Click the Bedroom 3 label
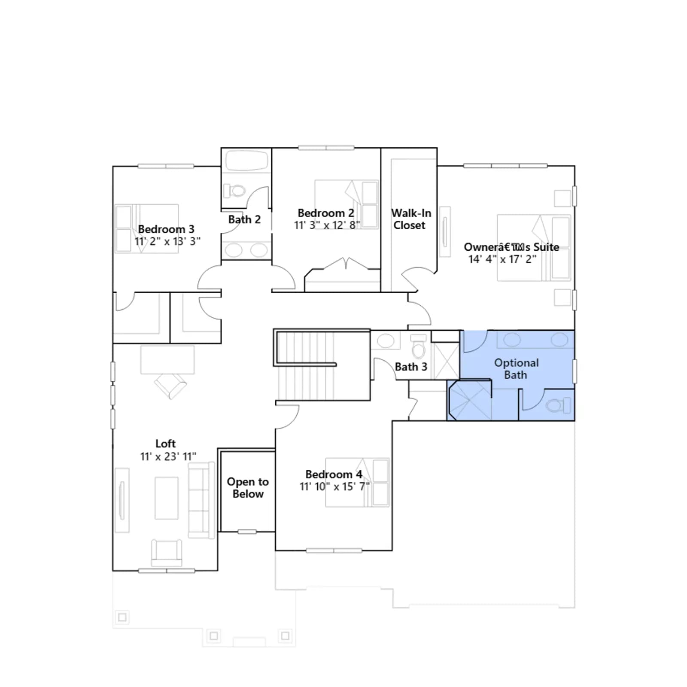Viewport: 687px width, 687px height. pyautogui.click(x=166, y=229)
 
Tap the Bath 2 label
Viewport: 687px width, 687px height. pyautogui.click(x=244, y=219)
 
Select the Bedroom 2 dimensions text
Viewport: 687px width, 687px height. pyautogui.click(x=327, y=225)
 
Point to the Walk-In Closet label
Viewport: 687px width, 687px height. pyautogui.click(x=411, y=219)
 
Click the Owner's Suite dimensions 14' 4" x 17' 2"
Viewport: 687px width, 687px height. pyautogui.click(x=502, y=259)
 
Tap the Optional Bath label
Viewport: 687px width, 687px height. pyautogui.click(x=516, y=369)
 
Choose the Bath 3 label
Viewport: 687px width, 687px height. pyautogui.click(x=411, y=367)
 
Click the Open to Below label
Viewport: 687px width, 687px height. pyautogui.click(x=248, y=488)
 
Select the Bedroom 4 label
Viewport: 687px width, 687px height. pyautogui.click(x=334, y=474)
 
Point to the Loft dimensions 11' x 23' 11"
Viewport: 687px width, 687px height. pyautogui.click(x=168, y=456)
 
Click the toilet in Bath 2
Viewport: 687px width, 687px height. pyautogui.click(x=234, y=190)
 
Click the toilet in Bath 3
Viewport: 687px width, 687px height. pyautogui.click(x=419, y=347)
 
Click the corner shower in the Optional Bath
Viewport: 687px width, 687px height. pyautogui.click(x=469, y=400)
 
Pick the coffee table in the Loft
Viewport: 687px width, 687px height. pyautogui.click(x=167, y=498)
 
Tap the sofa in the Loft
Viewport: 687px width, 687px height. pyautogui.click(x=201, y=500)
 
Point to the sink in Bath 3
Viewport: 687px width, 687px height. pyautogui.click(x=386, y=341)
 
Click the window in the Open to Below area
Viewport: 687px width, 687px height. pyautogui.click(x=247, y=532)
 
